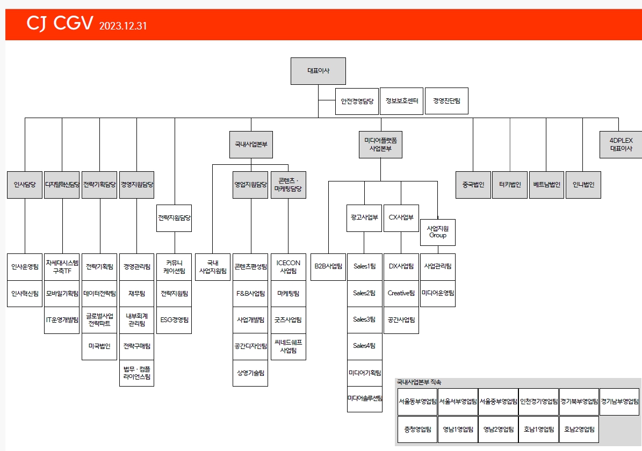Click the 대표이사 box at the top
tap(318, 71)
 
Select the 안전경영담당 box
tap(357, 101)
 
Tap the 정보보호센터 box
tap(401, 101)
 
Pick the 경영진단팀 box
tap(446, 101)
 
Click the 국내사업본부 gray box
tap(251, 145)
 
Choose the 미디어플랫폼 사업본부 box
tap(380, 144)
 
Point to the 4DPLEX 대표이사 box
tap(621, 144)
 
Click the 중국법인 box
tap(473, 185)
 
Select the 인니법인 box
tap(583, 185)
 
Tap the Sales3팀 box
tap(364, 320)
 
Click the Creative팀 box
tap(401, 293)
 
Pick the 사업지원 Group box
tap(437, 232)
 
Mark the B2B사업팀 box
tap(328, 266)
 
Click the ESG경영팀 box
tap(174, 320)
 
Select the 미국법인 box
tap(99, 347)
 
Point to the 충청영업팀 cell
tap(417, 430)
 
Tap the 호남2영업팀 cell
tap(579, 430)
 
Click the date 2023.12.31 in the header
tap(123, 26)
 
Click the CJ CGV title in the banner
tap(60, 24)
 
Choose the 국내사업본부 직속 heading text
tap(419, 382)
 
